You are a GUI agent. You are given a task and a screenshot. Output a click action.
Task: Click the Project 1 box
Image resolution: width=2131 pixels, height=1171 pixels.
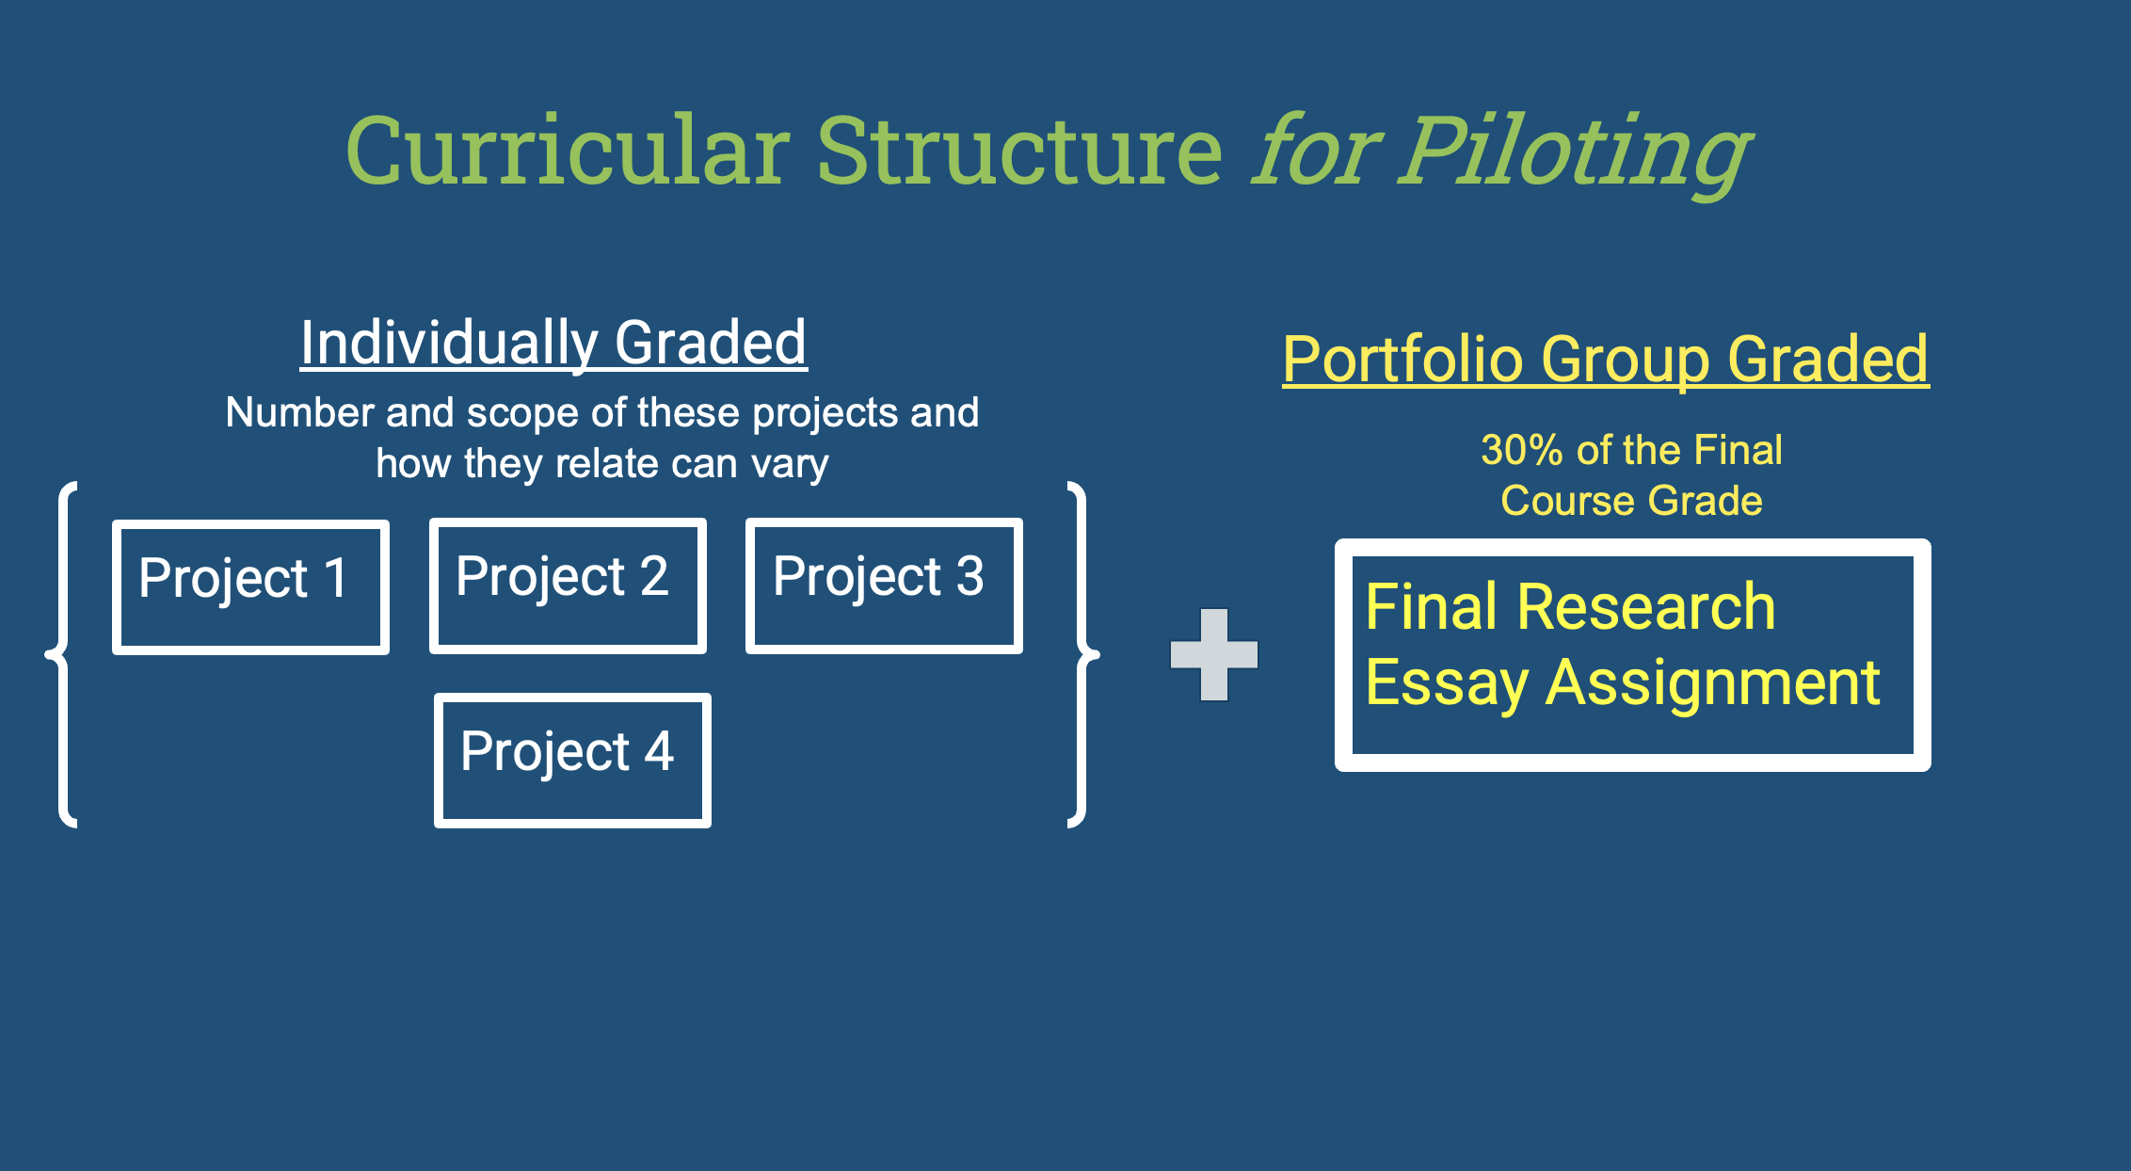tap(250, 586)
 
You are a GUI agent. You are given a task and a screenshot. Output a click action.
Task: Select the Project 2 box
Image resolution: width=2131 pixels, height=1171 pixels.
tap(568, 585)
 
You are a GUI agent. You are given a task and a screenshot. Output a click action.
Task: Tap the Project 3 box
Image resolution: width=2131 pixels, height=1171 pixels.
tap(884, 585)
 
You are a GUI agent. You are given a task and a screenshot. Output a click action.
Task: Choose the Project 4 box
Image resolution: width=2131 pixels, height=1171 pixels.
tap(572, 761)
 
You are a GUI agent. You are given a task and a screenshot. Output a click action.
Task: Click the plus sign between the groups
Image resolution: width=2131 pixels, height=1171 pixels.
tap(1214, 654)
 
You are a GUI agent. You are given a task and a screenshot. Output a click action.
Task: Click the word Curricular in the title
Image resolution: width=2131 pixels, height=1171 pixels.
tap(568, 151)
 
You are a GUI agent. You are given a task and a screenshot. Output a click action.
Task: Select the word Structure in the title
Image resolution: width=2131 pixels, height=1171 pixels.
tap(1019, 151)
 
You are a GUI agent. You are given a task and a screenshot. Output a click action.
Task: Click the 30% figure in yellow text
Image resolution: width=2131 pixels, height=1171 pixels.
tap(1522, 450)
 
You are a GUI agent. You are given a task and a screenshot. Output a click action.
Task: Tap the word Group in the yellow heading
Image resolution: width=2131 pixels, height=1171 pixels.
tap(1626, 361)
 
